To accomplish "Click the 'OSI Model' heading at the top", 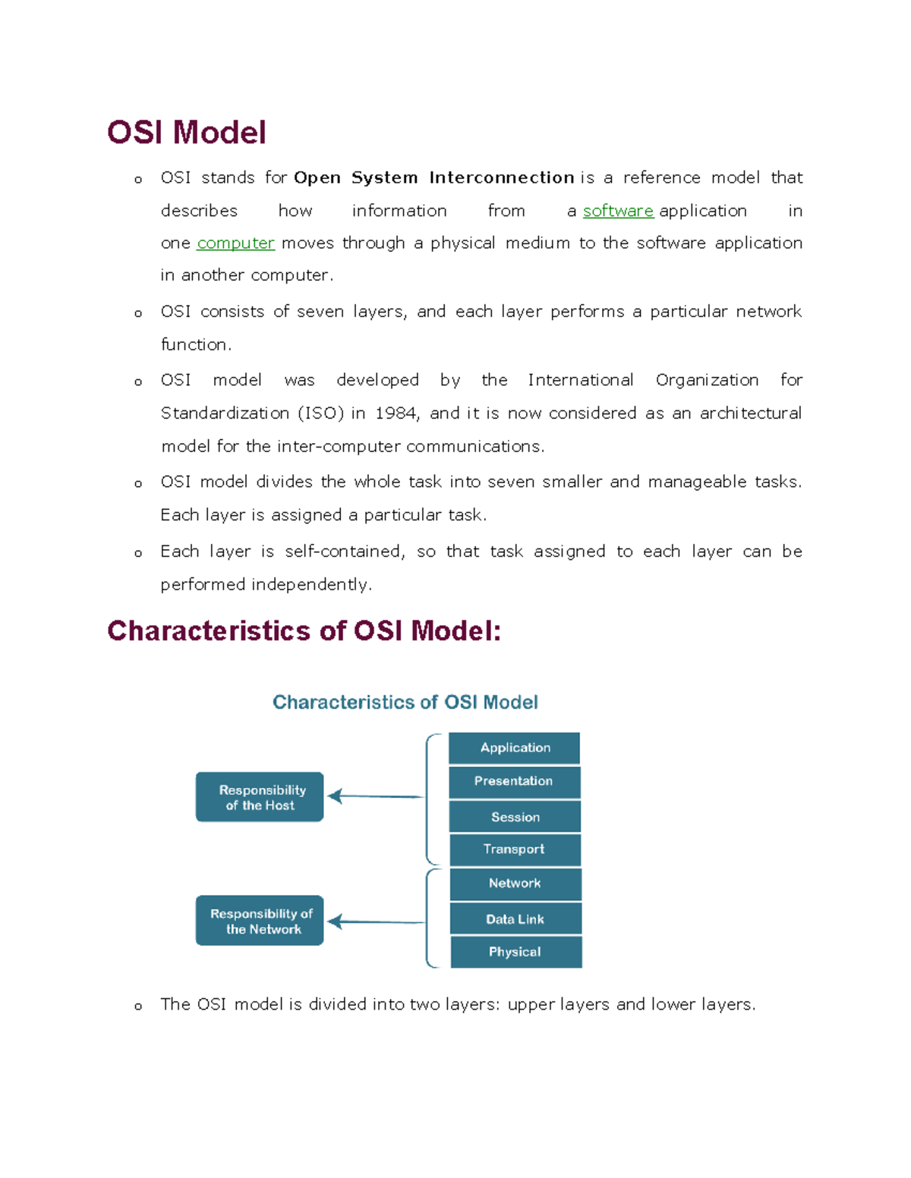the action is coord(187,133).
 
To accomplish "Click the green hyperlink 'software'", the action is coord(618,211).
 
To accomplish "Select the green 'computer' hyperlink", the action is coord(235,243).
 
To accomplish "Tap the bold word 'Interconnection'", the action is coord(501,177).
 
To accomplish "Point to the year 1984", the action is coord(395,413).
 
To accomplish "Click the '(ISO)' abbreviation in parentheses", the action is coord(320,413).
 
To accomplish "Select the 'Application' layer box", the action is coord(515,748).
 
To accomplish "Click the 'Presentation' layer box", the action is coord(514,782).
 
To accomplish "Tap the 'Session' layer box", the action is coord(515,817).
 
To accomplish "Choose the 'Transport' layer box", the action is coord(515,850).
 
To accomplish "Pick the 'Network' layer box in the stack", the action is coord(515,884).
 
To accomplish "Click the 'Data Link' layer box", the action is coord(515,919).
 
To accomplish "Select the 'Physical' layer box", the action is coord(515,952).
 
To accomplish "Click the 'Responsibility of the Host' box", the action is coord(260,797).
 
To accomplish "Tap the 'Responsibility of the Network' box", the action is coord(260,921).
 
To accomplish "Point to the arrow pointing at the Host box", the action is coord(376,796).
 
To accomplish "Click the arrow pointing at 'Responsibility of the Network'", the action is coord(376,922).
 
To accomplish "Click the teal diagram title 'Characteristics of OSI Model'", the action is coord(405,702).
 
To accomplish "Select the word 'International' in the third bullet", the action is coord(581,380).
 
